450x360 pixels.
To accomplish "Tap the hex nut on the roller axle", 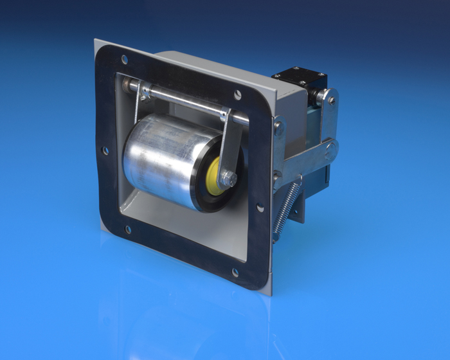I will point(228,179).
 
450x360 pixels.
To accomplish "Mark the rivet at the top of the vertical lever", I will point(331,100).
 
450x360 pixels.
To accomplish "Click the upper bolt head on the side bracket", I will point(278,126).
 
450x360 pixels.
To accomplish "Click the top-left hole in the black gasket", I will point(125,59).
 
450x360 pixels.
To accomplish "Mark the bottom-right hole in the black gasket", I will point(235,273).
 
